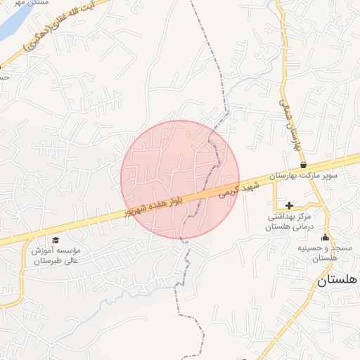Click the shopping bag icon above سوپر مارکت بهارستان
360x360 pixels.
point(303,165)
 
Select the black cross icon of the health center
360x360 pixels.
point(289,205)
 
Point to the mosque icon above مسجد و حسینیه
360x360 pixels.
point(325,237)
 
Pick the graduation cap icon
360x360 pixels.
point(56,240)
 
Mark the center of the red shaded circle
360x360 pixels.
point(180,179)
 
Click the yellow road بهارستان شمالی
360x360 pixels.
point(284,77)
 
